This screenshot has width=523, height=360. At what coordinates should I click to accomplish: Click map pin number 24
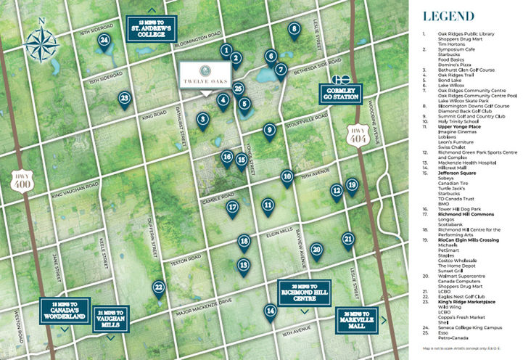(106, 41)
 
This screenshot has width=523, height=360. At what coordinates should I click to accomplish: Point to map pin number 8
(295, 30)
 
